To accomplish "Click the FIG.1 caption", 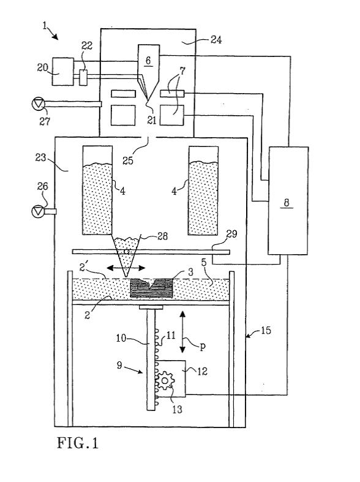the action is click(78, 443).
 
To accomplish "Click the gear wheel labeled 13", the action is click(165, 381).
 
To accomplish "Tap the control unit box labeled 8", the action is click(288, 200).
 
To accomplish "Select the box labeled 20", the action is click(62, 71).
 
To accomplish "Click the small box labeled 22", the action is click(83, 77).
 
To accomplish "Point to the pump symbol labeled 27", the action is click(38, 104).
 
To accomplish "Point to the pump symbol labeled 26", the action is click(38, 211).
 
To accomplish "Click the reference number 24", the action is click(216, 40).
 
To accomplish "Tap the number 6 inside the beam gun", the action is click(148, 60).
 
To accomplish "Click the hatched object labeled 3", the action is click(151, 288).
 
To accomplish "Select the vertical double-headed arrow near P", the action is click(182, 332).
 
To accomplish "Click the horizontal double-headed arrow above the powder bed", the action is click(126, 268).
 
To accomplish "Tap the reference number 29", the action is click(232, 234).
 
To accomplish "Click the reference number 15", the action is click(266, 331).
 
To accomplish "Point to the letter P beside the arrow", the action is click(203, 347).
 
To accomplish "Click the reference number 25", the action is click(128, 160).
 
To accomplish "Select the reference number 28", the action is click(162, 236).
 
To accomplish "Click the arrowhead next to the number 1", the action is click(55, 37).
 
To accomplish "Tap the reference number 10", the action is click(121, 338).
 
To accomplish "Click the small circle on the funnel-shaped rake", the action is click(126, 252).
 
